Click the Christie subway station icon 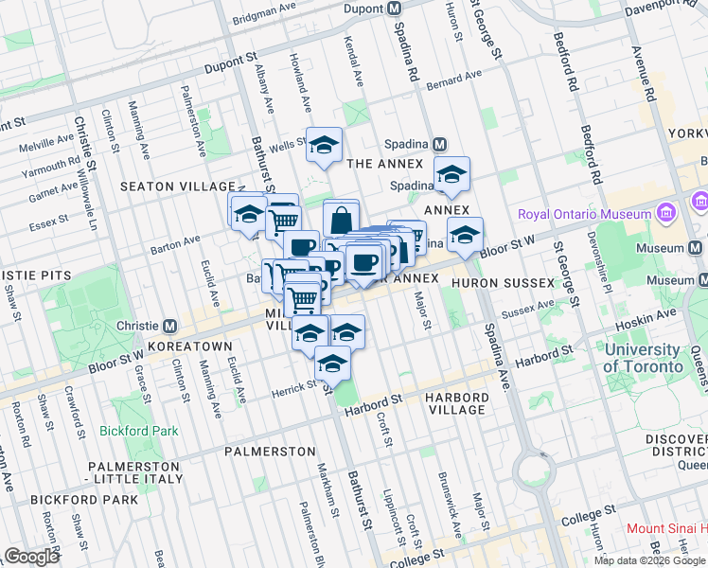coord(170,325)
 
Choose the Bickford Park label coord(138,431)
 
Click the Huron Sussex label coord(502,282)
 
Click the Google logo coord(31,557)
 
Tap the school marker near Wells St coord(324,145)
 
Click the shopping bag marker coord(341,221)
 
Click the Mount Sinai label coord(666,528)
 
